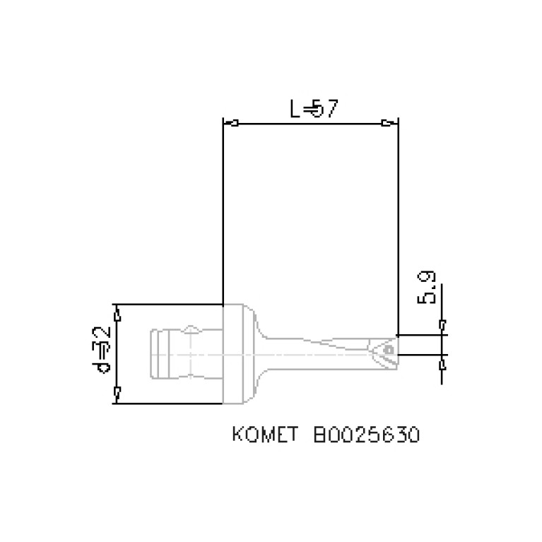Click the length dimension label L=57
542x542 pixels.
pos(315,109)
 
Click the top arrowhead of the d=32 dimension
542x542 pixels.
pos(118,313)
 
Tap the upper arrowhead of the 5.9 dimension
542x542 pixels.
pos(442,326)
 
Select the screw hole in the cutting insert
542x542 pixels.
pos(388,348)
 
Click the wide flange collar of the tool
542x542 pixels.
pos(238,353)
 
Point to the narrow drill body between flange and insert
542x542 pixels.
pos(311,350)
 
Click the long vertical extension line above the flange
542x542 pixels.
pos(223,212)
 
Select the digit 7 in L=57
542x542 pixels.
pos(333,109)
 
